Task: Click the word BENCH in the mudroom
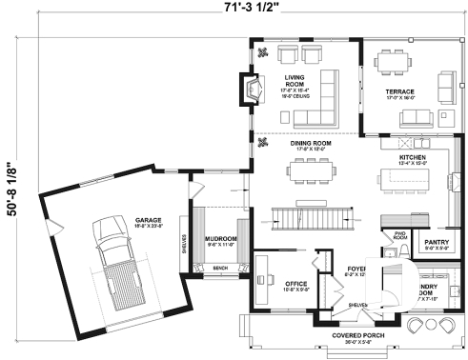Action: [220, 269]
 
